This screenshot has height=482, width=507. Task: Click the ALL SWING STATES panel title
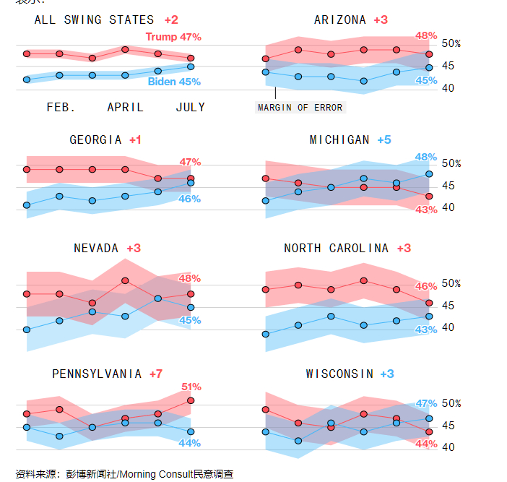click(94, 20)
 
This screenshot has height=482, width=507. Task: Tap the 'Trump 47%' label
click(173, 37)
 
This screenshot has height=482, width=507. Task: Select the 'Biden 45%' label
click(174, 82)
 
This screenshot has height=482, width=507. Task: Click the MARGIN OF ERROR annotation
click(300, 108)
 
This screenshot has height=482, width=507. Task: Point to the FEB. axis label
click(61, 108)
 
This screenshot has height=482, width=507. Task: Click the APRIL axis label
click(125, 108)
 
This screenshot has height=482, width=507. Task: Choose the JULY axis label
click(191, 108)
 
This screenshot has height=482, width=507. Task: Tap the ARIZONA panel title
click(340, 20)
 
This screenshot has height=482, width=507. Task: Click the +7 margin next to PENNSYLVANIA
click(156, 374)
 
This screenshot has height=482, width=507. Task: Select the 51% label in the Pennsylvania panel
click(191, 387)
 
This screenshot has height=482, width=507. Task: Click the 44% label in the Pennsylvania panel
click(189, 443)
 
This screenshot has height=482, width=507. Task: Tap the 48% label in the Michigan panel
click(426, 157)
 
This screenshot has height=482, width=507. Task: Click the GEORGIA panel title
click(96, 140)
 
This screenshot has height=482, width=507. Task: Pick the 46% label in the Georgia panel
click(189, 199)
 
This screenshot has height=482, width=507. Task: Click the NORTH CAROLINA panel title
click(336, 249)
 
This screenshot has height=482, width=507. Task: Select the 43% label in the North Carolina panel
click(426, 330)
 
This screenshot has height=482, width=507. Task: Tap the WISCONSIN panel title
click(339, 374)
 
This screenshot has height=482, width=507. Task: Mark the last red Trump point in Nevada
click(191, 294)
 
